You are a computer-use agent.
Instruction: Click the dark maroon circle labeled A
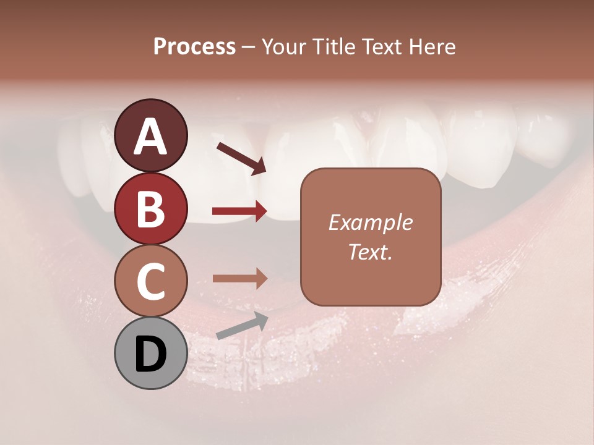pyautogui.click(x=151, y=135)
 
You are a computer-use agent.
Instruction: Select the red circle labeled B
pyautogui.click(x=151, y=208)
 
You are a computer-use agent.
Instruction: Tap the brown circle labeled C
pyautogui.click(x=151, y=281)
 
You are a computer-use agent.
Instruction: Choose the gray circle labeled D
pyautogui.click(x=151, y=353)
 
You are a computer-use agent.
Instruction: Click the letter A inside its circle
pyautogui.click(x=151, y=137)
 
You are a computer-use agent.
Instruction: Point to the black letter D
pyautogui.click(x=151, y=354)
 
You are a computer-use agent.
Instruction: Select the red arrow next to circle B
pyautogui.click(x=239, y=211)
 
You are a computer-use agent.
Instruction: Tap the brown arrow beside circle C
pyautogui.click(x=239, y=278)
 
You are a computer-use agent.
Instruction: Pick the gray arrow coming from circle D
pyautogui.click(x=242, y=326)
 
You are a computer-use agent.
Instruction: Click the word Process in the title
pyautogui.click(x=194, y=46)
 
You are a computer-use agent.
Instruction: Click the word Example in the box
pyautogui.click(x=370, y=223)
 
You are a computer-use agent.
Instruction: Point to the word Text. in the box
pyautogui.click(x=370, y=252)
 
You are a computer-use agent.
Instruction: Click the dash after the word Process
pyautogui.click(x=249, y=47)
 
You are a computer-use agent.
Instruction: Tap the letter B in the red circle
pyautogui.click(x=151, y=210)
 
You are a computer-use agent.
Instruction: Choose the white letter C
pyautogui.click(x=151, y=282)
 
